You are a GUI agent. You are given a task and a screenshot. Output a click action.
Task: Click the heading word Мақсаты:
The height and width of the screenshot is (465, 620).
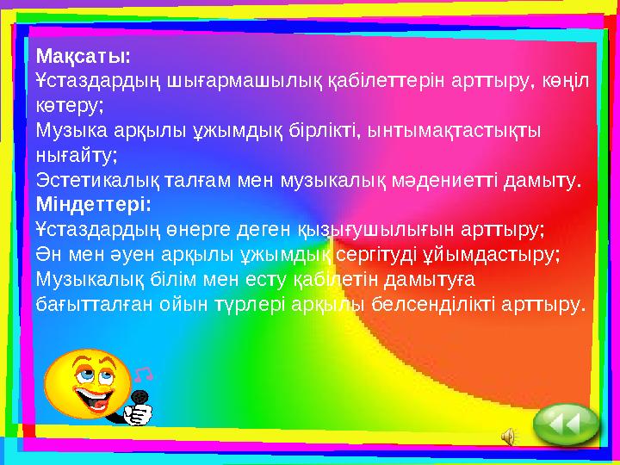pyautogui.click(x=83, y=57)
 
